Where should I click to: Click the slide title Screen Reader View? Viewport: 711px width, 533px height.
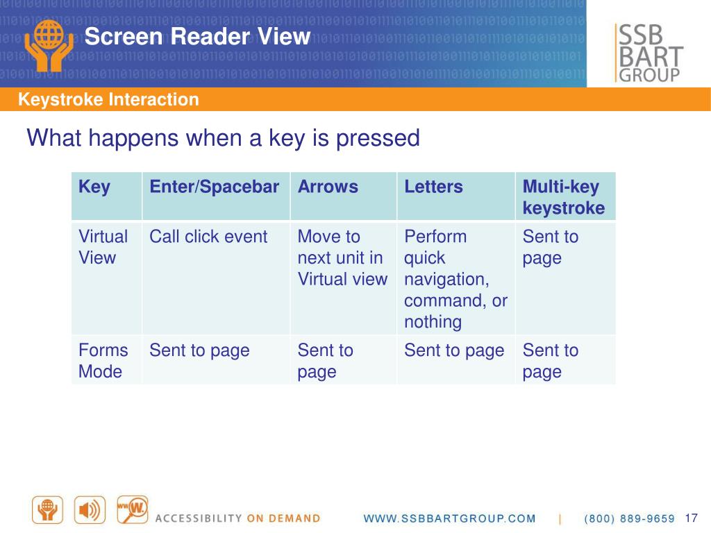tap(197, 36)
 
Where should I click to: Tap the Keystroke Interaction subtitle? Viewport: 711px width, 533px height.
tap(108, 100)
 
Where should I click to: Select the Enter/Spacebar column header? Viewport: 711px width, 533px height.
tap(215, 187)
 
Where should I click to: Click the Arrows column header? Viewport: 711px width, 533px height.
tap(328, 187)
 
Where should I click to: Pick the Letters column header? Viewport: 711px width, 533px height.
tap(433, 187)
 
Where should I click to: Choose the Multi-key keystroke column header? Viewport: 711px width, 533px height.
tap(563, 197)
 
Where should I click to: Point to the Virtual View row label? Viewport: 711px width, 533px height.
tap(103, 247)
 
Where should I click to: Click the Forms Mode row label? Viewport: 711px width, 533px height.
tap(103, 360)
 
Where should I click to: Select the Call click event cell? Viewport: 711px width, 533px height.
tap(208, 237)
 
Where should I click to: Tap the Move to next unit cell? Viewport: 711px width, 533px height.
tap(342, 257)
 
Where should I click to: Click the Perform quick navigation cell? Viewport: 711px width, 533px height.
tap(455, 278)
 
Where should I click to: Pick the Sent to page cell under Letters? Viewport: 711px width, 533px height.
tap(454, 350)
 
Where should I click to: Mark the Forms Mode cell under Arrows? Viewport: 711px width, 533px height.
tap(325, 360)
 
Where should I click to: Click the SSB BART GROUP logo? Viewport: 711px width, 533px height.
tap(649, 53)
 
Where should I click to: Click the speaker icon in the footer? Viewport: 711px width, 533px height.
tap(90, 510)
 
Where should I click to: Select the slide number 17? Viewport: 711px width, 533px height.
tap(690, 518)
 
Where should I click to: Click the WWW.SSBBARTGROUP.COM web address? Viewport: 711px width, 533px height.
tap(450, 518)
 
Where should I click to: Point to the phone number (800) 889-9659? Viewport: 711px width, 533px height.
tap(630, 518)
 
